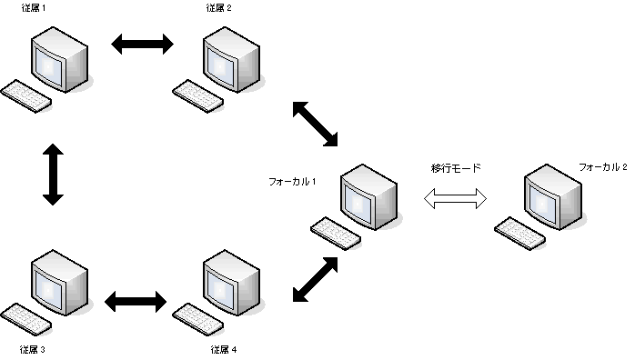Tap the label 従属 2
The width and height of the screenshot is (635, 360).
[x=219, y=9]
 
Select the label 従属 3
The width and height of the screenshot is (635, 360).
[x=33, y=349]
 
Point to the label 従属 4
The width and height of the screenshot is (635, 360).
[x=224, y=349]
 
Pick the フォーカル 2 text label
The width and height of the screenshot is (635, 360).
[x=603, y=167]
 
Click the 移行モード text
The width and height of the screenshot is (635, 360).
[x=456, y=168]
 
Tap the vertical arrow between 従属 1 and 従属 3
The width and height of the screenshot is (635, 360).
[x=53, y=173]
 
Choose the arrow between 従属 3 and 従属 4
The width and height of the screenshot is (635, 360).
[x=136, y=299]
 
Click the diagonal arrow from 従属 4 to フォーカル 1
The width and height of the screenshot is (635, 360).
[x=316, y=278]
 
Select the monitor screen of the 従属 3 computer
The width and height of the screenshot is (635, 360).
[x=51, y=279]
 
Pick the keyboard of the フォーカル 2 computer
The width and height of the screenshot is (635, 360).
[x=519, y=235]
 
